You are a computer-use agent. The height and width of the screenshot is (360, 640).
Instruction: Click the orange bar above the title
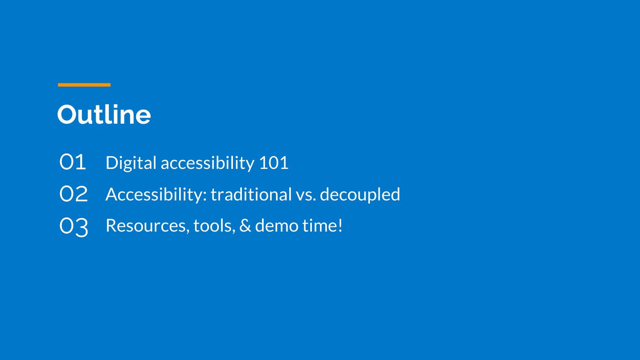[x=84, y=85]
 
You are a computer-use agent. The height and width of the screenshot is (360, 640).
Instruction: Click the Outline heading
[x=104, y=115]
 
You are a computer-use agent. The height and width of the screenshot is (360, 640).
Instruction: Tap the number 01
[x=73, y=162]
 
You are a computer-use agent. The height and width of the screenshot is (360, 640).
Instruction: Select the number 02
[x=73, y=194]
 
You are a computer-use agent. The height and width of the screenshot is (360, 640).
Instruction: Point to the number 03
[x=74, y=227]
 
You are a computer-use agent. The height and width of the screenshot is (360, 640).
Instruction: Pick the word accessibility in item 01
[x=207, y=163]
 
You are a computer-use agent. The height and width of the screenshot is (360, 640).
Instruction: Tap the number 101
[x=274, y=163]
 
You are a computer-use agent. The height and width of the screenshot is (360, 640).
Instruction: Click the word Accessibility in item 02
[x=154, y=195]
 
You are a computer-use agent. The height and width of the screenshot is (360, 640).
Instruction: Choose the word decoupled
[x=360, y=195]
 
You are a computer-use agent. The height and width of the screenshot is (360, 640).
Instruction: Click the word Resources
[x=146, y=226]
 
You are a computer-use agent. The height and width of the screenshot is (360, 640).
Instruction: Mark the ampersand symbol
[x=245, y=226]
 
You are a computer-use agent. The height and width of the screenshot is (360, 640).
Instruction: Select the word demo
[x=276, y=226]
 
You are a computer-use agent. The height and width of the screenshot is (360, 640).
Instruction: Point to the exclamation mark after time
[x=340, y=226]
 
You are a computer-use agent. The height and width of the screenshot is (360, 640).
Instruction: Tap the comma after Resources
[x=188, y=231]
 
